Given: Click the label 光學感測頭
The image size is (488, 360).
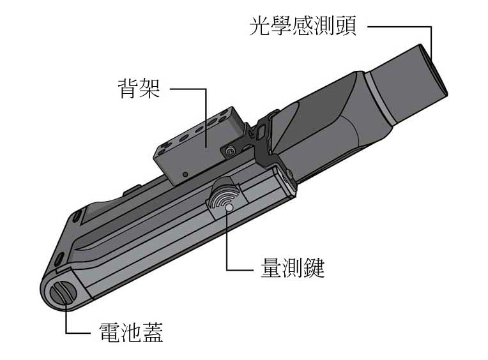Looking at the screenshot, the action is [303, 26].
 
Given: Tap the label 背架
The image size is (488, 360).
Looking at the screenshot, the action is [139, 88].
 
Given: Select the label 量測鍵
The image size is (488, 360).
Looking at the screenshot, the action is [293, 267].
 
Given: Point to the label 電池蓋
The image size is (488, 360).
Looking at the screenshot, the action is [131, 333].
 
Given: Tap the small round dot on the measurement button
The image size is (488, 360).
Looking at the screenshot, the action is [229, 207].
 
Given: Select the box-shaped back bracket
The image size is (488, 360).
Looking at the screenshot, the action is [199, 146].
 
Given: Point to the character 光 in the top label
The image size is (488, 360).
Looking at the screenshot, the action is [260, 26].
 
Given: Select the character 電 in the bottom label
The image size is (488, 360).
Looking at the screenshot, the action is [110, 333].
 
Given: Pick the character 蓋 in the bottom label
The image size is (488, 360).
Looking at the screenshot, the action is [153, 333].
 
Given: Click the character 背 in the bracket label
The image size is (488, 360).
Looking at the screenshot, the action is [128, 88].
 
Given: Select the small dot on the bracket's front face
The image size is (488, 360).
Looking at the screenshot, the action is [185, 174].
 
